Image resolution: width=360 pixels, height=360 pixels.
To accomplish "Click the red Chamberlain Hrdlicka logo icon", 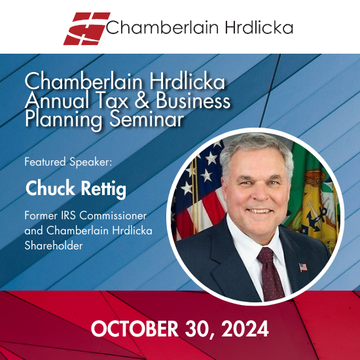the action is click(87, 28).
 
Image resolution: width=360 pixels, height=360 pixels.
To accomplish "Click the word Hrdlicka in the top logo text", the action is click(259, 27).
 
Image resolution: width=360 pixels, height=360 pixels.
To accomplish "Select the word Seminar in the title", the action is click(147, 119).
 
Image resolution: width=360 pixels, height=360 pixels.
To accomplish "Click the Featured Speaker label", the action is click(68, 162).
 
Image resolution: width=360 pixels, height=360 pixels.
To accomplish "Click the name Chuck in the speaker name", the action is click(50, 189).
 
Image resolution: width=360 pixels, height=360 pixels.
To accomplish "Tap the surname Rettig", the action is click(103, 189).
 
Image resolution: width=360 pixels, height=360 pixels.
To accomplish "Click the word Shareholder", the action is click(54, 245).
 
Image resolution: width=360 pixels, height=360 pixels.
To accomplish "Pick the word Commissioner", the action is click(113, 215).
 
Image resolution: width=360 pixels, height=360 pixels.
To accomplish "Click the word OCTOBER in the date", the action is click(135, 329).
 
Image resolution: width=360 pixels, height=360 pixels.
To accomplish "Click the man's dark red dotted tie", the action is click(270, 273).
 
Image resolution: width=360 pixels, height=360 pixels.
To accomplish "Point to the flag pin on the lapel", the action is click(303, 267).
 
